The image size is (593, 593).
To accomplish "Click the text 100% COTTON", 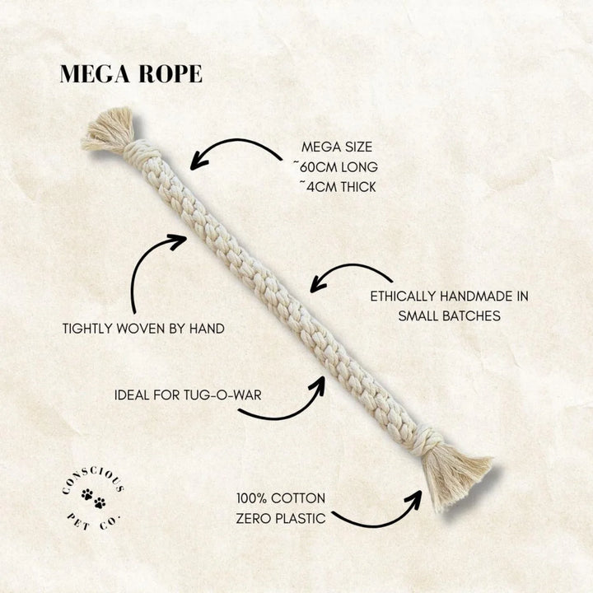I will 280,498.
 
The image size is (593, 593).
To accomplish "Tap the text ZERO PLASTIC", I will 281,520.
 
